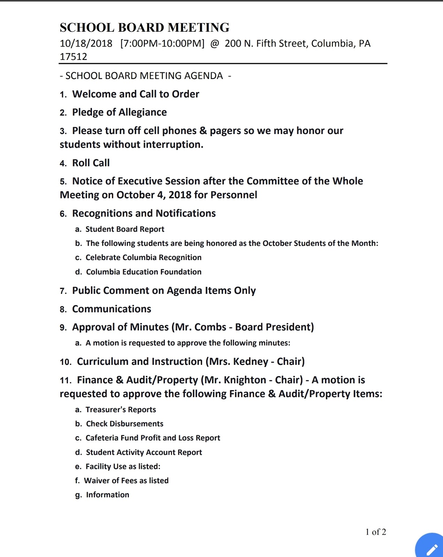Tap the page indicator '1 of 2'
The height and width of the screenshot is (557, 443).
(x=375, y=532)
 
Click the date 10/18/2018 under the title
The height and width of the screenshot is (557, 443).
(x=86, y=44)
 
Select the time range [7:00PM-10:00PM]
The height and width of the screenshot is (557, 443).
(x=162, y=44)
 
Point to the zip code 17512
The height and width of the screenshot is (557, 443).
(x=73, y=56)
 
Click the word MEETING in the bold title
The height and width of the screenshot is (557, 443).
(x=199, y=28)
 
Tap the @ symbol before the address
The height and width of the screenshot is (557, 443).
(x=215, y=44)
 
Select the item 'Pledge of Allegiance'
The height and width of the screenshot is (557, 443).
(x=119, y=112)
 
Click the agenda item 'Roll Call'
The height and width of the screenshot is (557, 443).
(x=91, y=163)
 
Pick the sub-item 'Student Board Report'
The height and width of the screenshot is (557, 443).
(x=125, y=229)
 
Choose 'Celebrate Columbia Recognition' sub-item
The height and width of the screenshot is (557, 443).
(x=143, y=258)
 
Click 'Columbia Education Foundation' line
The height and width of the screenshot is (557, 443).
(x=143, y=272)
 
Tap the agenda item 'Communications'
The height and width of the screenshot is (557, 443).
(x=111, y=309)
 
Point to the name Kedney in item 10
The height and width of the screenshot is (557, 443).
(x=250, y=362)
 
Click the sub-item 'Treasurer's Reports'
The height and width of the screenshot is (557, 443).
(x=121, y=410)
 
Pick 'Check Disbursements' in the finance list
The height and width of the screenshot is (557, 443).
(x=124, y=424)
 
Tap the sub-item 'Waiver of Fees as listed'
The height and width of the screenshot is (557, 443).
(x=126, y=481)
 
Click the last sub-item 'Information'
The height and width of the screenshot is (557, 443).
(x=107, y=495)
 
